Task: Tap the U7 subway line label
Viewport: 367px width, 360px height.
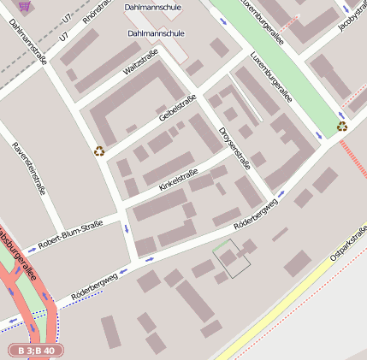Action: [66, 15]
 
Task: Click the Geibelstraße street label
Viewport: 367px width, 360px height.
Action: [177, 107]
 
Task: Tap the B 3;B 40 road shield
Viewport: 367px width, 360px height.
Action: [36, 351]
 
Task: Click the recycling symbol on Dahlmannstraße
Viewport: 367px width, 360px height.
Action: [99, 151]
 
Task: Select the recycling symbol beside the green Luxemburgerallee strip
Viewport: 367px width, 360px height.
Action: [342, 127]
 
